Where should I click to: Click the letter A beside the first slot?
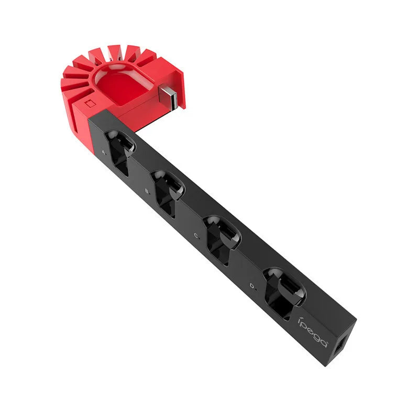pyautogui.click(x=103, y=152)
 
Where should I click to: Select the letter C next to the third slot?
pyautogui.click(x=195, y=236)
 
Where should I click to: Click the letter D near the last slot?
pyautogui.click(x=252, y=286)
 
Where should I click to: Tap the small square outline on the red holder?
pyautogui.click(x=90, y=103)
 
